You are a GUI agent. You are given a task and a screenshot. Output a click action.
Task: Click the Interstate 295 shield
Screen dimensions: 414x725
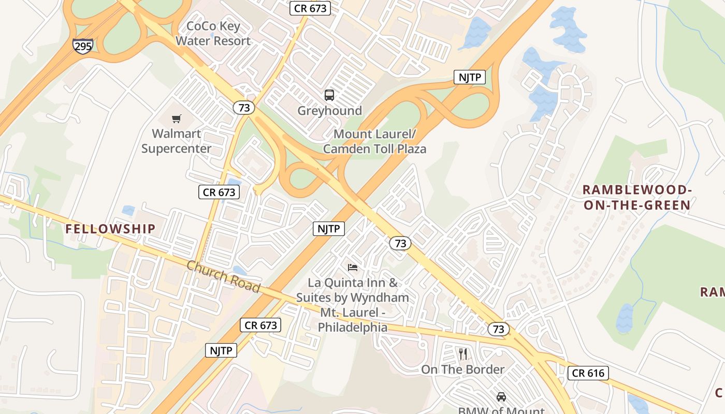pyautogui.click(x=82, y=45)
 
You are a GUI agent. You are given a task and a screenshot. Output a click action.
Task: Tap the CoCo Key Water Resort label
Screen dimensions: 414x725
pyautogui.click(x=213, y=33)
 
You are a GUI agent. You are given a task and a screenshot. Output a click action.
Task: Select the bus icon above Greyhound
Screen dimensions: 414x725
pyautogui.click(x=329, y=95)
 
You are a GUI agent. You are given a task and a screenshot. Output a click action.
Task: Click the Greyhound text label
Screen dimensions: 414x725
pyautogui.click(x=329, y=111)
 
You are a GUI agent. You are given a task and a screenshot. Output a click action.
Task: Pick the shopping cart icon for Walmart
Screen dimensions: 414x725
pyautogui.click(x=177, y=119)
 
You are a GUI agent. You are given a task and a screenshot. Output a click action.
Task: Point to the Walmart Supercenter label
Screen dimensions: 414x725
pyautogui.click(x=177, y=141)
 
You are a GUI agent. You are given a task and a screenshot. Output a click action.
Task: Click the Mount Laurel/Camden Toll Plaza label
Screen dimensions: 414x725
pyautogui.click(x=374, y=141)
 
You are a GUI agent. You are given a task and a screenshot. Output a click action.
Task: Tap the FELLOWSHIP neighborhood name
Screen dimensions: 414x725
pyautogui.click(x=110, y=229)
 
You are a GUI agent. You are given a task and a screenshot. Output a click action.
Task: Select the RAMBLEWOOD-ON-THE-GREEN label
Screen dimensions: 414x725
pyautogui.click(x=637, y=197)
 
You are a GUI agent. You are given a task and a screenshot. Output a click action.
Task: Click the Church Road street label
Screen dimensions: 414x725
pyautogui.click(x=223, y=276)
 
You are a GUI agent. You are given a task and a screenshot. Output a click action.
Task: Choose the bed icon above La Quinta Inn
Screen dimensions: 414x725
pyautogui.click(x=353, y=268)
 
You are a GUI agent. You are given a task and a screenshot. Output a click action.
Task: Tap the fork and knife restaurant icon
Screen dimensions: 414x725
pyautogui.click(x=463, y=354)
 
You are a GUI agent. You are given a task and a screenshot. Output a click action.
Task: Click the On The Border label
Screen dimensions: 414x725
pyautogui.click(x=462, y=369)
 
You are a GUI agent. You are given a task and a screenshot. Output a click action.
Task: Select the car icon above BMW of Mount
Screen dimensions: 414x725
pyautogui.click(x=501, y=397)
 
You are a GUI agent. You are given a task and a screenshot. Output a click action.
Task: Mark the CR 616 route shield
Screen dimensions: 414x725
pyautogui.click(x=588, y=373)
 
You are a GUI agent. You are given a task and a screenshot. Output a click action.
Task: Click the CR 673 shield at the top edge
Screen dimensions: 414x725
pyautogui.click(x=310, y=8)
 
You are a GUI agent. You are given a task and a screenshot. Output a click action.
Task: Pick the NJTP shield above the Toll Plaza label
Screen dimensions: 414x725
pyautogui.click(x=470, y=78)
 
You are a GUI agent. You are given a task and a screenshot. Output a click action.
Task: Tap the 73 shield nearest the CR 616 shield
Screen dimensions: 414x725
pyautogui.click(x=498, y=329)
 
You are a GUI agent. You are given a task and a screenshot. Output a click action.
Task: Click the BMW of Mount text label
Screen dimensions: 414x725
pyautogui.click(x=501, y=410)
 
